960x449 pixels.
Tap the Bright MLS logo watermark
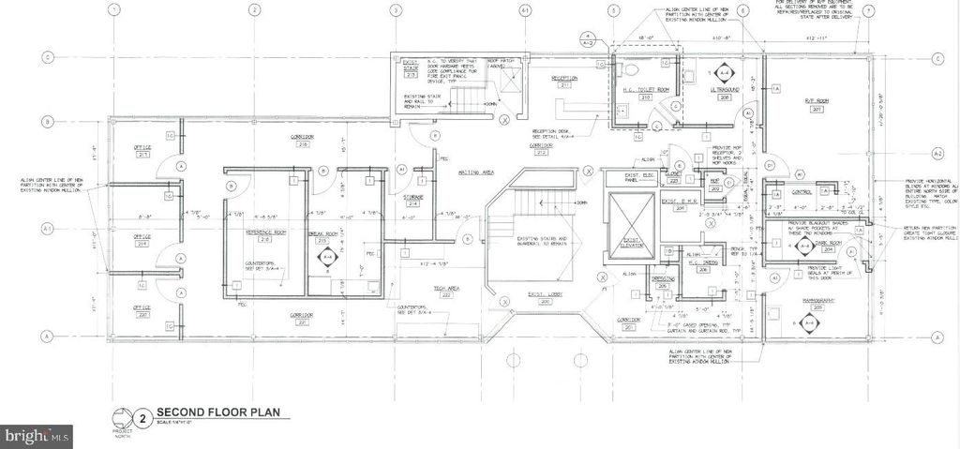click(37, 436)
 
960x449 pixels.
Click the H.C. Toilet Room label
click(646, 91)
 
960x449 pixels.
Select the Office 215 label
click(142, 149)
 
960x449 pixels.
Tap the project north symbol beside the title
click(120, 419)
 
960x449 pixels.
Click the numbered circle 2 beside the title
click(142, 415)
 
